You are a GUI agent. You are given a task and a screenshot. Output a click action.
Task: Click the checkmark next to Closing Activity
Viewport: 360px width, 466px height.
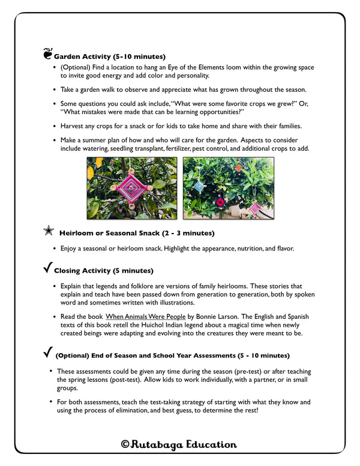[47, 269]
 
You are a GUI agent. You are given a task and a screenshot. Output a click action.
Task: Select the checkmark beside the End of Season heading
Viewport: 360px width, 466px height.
[47, 353]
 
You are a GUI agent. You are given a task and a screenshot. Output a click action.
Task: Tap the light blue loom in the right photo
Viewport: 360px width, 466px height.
[199, 187]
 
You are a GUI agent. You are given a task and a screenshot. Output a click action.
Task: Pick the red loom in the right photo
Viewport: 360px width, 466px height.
[220, 202]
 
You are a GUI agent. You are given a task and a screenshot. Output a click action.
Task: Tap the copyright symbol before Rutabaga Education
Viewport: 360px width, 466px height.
[125, 445]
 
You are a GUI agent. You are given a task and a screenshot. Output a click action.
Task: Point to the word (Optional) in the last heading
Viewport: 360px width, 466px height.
[73, 356]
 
